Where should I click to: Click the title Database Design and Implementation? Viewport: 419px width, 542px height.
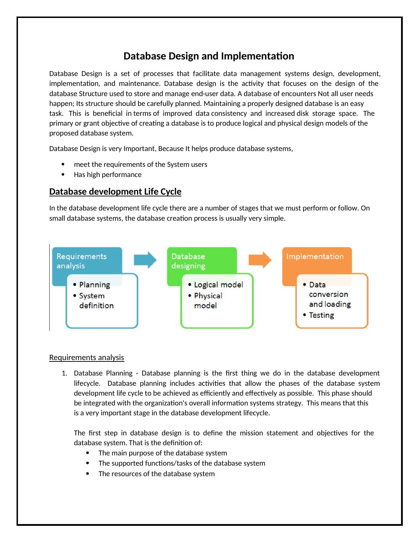[x=209, y=56]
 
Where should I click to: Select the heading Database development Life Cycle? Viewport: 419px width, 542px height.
[x=115, y=191]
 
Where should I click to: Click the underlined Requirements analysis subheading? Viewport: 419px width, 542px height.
[x=87, y=358]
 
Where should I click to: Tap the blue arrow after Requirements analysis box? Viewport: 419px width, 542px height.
[x=145, y=260]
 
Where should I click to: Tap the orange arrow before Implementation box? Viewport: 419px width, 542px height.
[x=260, y=260]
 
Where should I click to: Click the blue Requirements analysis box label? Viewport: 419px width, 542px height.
[x=82, y=261]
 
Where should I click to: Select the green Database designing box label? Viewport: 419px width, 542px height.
[x=188, y=261]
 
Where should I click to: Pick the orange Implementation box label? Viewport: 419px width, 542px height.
[x=315, y=257]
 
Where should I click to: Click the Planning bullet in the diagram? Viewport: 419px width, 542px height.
[x=94, y=285]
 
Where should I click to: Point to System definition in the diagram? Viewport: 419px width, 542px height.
[x=96, y=301]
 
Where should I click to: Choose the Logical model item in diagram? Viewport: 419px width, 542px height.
[x=218, y=285]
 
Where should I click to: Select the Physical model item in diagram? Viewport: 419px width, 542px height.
[x=208, y=301]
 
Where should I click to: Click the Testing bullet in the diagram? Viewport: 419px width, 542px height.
[x=321, y=315]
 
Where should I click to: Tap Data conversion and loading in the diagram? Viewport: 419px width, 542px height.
[x=329, y=294]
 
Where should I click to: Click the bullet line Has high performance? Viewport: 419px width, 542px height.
[x=107, y=175]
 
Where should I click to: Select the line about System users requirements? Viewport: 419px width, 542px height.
[x=140, y=164]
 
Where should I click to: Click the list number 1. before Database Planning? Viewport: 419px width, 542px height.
[x=64, y=373]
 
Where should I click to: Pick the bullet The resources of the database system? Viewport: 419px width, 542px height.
[x=156, y=474]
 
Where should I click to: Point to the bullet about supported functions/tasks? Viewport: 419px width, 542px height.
[x=182, y=463]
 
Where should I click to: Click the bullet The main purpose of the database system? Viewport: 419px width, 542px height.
[x=163, y=453]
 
